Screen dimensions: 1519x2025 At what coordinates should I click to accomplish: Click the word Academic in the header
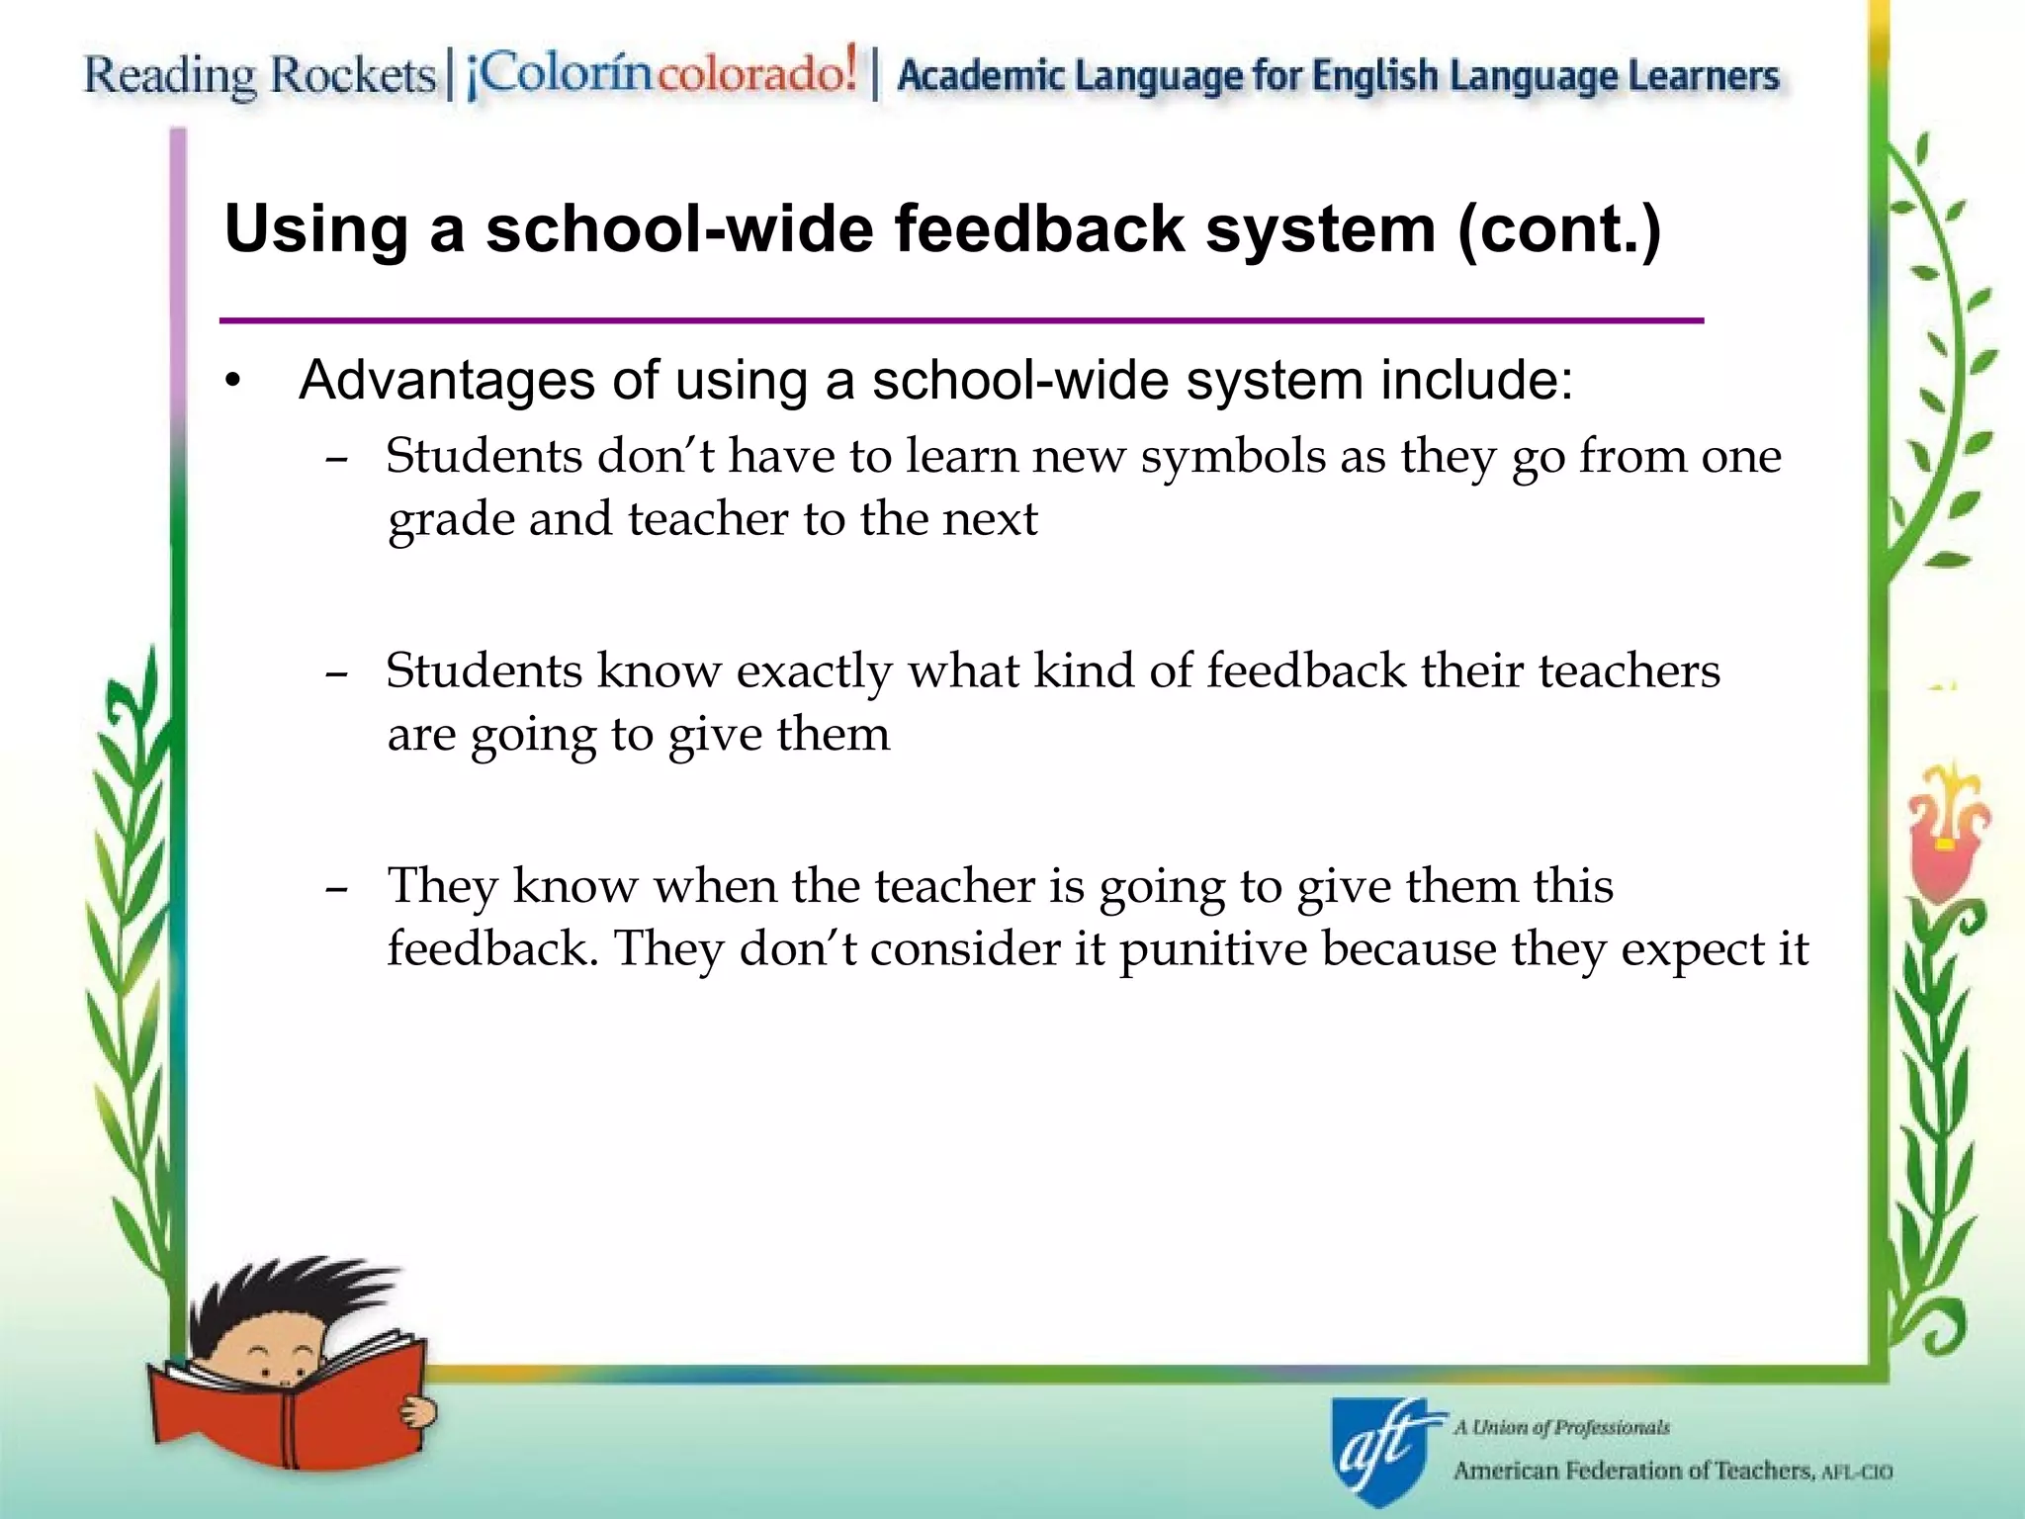pyautogui.click(x=981, y=76)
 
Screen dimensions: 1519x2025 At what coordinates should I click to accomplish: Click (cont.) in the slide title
pyautogui.click(x=1559, y=229)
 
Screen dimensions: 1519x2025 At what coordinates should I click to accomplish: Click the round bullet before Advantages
pyautogui.click(x=232, y=381)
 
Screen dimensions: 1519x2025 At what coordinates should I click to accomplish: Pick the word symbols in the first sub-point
pyautogui.click(x=1232, y=457)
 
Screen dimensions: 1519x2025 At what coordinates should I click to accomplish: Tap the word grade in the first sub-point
pyautogui.click(x=450, y=521)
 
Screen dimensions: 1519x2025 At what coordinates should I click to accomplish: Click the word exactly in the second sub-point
pyautogui.click(x=814, y=672)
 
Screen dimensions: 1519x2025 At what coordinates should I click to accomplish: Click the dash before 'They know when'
pyautogui.click(x=336, y=888)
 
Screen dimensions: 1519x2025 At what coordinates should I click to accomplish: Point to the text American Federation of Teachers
pyautogui.click(x=1631, y=1471)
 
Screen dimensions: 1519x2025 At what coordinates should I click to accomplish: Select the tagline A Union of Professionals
pyautogui.click(x=1561, y=1427)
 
